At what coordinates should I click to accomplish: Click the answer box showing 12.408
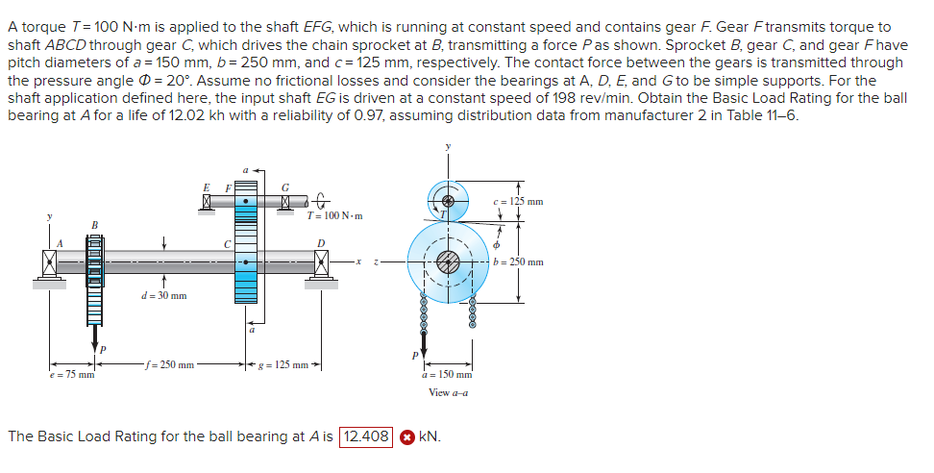tap(367, 436)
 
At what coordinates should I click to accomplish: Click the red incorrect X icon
tap(406, 436)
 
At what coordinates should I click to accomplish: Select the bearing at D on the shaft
tap(320, 261)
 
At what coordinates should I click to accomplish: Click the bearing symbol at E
tap(204, 201)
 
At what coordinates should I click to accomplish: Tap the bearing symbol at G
tap(284, 201)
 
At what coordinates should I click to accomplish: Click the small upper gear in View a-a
tap(448, 201)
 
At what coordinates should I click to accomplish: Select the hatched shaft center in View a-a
tap(448, 261)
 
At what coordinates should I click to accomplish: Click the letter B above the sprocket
tap(94, 227)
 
